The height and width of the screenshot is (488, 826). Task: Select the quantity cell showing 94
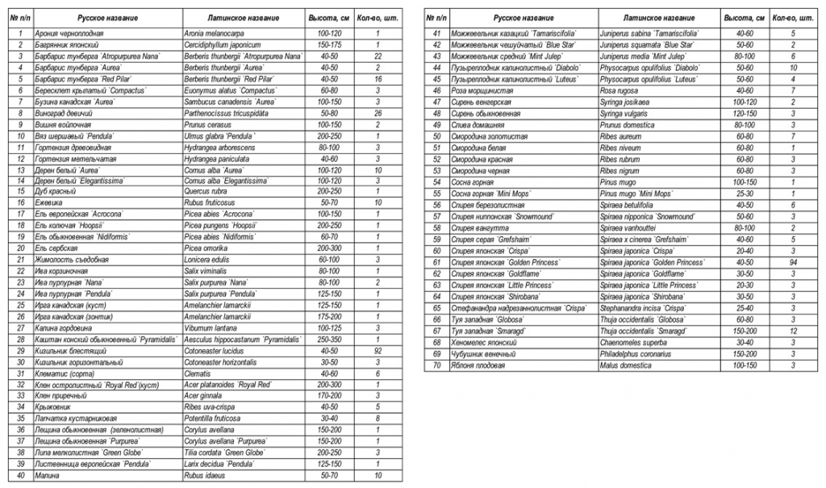[x=794, y=262]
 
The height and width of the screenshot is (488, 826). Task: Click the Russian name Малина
[x=48, y=476]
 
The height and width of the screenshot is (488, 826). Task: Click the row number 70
[x=436, y=365]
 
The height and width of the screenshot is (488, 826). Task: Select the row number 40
[x=19, y=476]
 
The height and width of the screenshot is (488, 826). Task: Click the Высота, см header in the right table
[x=740, y=17]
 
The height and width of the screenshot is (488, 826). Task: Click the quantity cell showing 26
[x=378, y=115]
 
